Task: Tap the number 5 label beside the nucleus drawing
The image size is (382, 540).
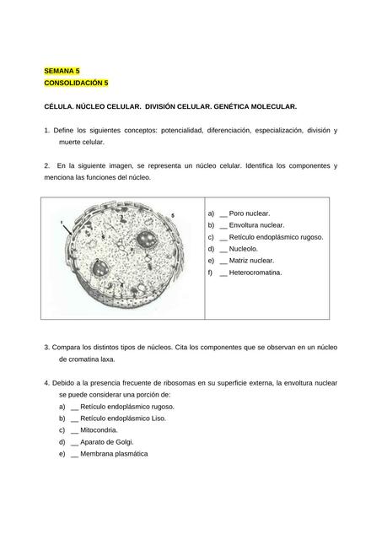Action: [x=173, y=216]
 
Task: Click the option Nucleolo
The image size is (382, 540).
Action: [x=244, y=249]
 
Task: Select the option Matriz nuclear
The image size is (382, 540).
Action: [x=250, y=261]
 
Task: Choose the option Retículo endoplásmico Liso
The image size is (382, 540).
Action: [x=123, y=418]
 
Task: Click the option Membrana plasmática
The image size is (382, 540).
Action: [x=115, y=453]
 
